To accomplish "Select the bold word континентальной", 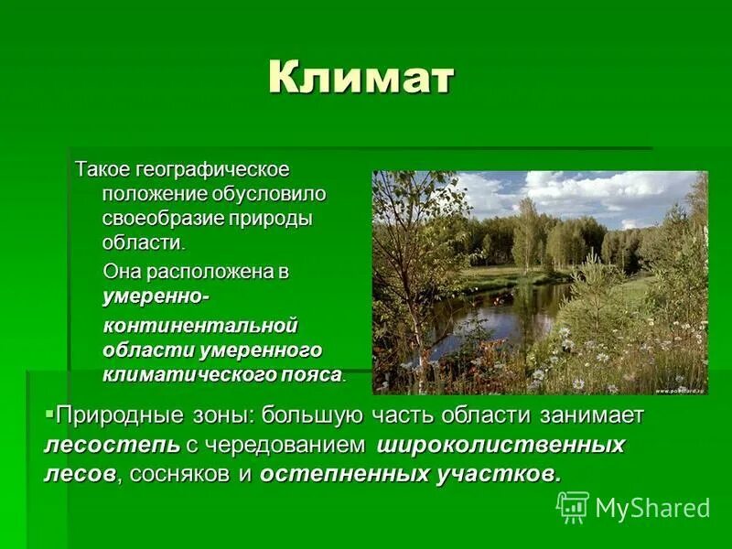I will click(200, 326).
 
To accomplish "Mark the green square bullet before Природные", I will click(49, 410).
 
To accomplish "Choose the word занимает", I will click(600, 415).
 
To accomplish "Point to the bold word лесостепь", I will click(101, 446).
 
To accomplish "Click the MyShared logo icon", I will click(573, 506).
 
